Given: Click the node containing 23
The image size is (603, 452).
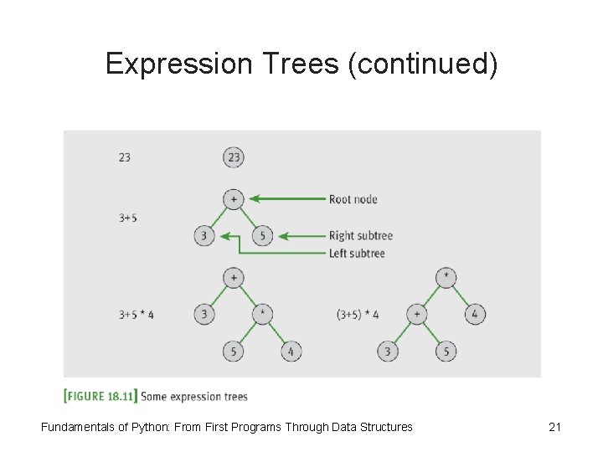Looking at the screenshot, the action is (234, 157).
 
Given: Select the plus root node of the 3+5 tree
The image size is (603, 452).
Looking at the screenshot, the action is (234, 199).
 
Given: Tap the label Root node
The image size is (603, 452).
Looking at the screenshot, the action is (353, 199).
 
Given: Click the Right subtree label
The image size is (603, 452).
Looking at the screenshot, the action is (360, 236).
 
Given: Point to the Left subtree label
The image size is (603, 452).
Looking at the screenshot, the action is (358, 252).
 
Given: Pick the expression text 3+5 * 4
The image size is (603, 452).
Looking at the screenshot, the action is (137, 315).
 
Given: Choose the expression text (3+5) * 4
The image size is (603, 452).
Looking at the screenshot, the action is (358, 315).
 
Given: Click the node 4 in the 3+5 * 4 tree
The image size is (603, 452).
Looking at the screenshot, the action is (291, 352).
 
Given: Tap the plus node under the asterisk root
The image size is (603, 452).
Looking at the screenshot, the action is (416, 315).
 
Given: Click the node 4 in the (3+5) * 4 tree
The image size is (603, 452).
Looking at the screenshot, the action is (475, 315).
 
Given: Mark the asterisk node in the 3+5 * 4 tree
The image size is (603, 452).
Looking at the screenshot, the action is (262, 315).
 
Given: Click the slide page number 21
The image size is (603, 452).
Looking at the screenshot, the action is (554, 427).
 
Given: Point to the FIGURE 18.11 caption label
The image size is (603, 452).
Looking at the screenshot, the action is (100, 396).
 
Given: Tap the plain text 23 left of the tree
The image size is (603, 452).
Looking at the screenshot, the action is (124, 157).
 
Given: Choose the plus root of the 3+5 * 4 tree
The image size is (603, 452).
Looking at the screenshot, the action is (234, 278).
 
